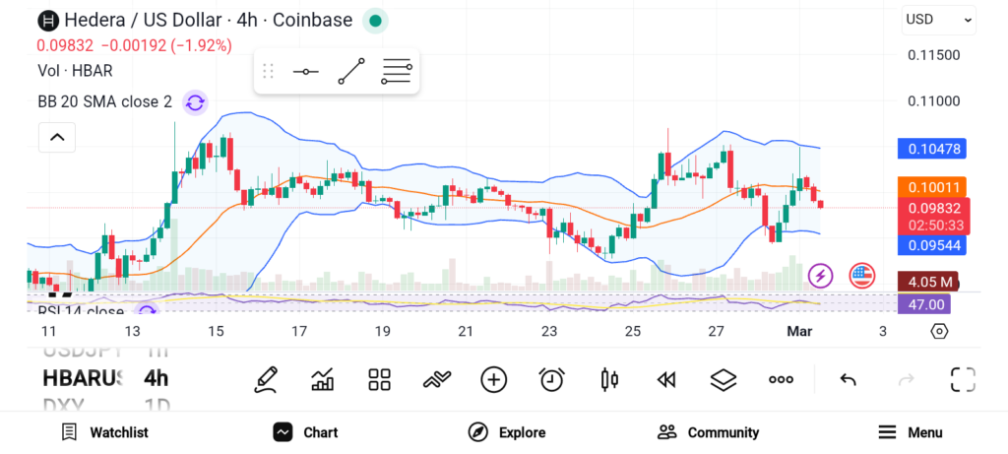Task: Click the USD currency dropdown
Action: [x=938, y=19]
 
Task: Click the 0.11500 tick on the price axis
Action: [x=933, y=55]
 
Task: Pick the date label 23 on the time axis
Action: [x=549, y=331]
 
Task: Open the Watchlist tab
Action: [x=104, y=432]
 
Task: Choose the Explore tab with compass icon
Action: [x=506, y=432]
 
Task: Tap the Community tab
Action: [x=708, y=432]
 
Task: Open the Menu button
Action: [x=910, y=432]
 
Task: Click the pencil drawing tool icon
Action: [x=265, y=379]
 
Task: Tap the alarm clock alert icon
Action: [x=551, y=379]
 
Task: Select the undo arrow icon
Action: [x=847, y=379]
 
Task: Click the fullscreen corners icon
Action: [x=962, y=379]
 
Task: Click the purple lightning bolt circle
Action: [x=820, y=276]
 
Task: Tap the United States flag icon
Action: [x=862, y=276]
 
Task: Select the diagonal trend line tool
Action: [x=351, y=72]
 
